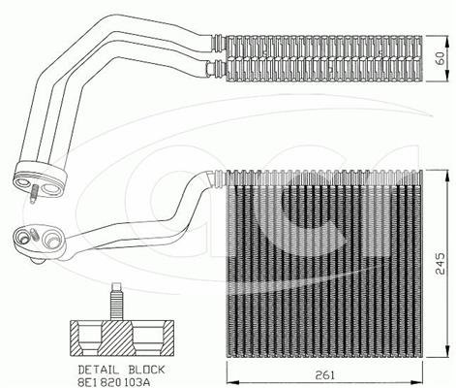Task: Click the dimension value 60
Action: (x=441, y=58)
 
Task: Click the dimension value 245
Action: (x=441, y=263)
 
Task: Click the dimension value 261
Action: (x=324, y=375)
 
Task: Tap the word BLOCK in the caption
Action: (x=146, y=370)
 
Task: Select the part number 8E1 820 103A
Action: (x=114, y=382)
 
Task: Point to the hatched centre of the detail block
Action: (x=116, y=339)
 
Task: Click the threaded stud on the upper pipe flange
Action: (x=33, y=194)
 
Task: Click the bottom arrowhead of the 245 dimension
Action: (x=447, y=351)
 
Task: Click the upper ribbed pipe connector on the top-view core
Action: (x=219, y=43)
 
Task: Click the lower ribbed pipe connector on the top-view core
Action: (x=216, y=69)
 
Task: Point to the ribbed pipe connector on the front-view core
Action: (x=217, y=178)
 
